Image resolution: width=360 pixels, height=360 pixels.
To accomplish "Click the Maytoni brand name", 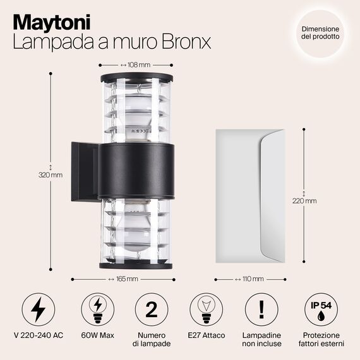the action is (x=52, y=23).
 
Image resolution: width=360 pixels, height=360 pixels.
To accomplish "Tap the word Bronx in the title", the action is (x=186, y=42).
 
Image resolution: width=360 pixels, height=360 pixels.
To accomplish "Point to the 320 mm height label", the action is (x=51, y=175).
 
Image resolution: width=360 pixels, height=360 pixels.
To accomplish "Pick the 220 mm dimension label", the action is (x=304, y=201).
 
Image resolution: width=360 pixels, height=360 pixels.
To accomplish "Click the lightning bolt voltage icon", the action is (x=39, y=309).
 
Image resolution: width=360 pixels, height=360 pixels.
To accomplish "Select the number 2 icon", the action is (x=152, y=309).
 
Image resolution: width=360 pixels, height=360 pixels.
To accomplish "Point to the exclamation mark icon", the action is (x=261, y=309).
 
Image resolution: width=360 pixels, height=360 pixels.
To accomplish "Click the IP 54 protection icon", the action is (x=321, y=309).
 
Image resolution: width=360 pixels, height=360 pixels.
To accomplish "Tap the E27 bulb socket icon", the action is (x=206, y=309).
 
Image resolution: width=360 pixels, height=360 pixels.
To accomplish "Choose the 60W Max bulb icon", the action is (x=97, y=309).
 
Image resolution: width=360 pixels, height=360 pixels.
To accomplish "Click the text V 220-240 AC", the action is (x=39, y=335).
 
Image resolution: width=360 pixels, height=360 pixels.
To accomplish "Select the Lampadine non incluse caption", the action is (x=261, y=339).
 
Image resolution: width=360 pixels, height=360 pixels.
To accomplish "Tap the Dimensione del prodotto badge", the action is (x=320, y=33).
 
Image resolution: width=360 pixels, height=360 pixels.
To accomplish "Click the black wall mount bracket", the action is (x=85, y=172).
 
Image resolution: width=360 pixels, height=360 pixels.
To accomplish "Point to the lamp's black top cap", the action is (x=137, y=78).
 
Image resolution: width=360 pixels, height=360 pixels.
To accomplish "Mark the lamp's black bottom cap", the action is (x=136, y=265).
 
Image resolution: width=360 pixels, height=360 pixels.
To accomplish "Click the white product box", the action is (x=250, y=196).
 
